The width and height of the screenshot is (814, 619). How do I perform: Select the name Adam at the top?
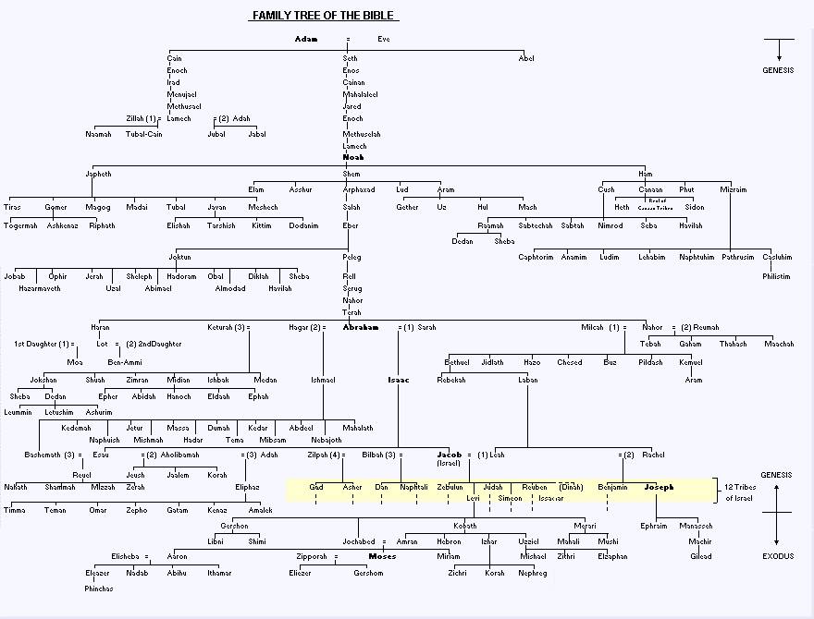(x=306, y=39)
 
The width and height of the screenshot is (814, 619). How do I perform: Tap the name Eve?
(x=384, y=39)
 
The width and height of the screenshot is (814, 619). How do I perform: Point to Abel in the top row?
(x=526, y=58)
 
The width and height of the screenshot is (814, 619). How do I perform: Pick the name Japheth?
(x=98, y=174)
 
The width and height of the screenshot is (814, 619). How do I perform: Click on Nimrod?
(x=610, y=225)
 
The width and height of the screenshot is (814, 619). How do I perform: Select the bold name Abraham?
(x=361, y=327)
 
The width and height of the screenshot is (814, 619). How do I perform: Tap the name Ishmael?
(x=323, y=380)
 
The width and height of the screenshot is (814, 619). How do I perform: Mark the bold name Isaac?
(x=399, y=380)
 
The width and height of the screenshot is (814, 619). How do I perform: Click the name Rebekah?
(x=451, y=380)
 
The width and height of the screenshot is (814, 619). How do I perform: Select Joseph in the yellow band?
(x=659, y=487)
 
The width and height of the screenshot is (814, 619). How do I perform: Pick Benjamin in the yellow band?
(x=613, y=487)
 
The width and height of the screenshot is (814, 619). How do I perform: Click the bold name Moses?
(x=382, y=556)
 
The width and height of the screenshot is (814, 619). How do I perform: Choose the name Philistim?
(x=777, y=276)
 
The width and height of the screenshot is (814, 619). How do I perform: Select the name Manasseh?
(x=696, y=526)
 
